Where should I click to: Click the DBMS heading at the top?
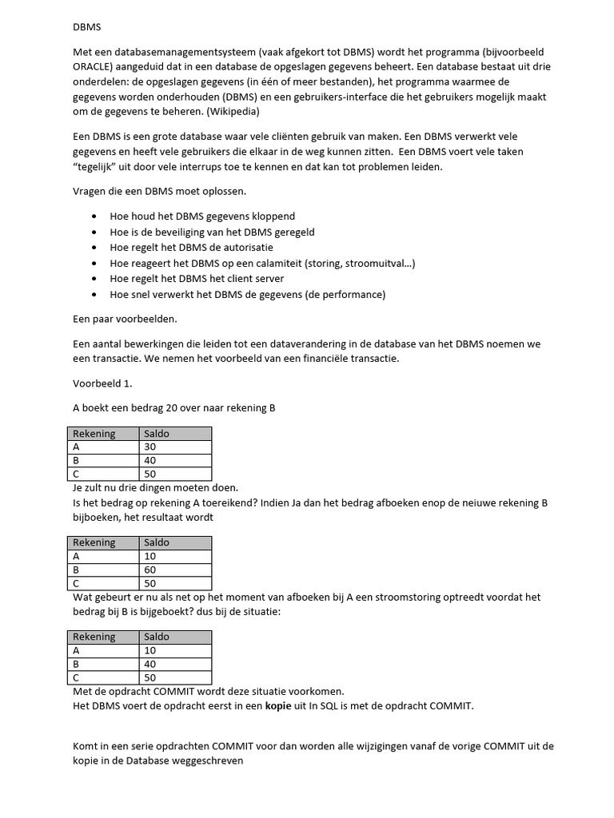pyautogui.click(x=87, y=26)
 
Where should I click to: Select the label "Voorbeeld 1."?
pyautogui.click(x=102, y=383)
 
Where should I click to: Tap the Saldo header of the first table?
pyautogui.click(x=157, y=434)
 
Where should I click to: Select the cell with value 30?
pyautogui.click(x=150, y=447)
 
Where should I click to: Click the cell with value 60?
pyautogui.click(x=150, y=570)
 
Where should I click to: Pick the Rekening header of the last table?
pyautogui.click(x=94, y=637)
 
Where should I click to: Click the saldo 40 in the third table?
pyautogui.click(x=150, y=665)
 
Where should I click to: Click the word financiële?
pyautogui.click(x=325, y=358)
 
